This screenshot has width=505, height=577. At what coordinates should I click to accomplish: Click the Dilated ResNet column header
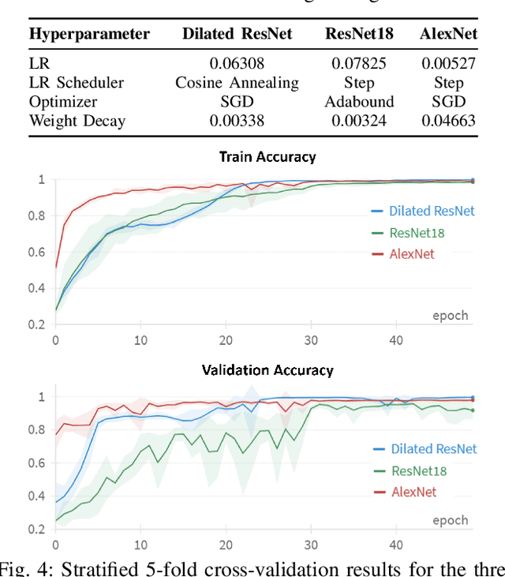click(238, 35)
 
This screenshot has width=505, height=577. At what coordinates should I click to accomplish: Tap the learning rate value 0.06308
click(238, 63)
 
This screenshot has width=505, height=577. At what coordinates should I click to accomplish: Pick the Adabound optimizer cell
click(359, 102)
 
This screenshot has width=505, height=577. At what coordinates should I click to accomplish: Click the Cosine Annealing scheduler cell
click(238, 83)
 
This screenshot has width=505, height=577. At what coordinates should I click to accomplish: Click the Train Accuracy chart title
click(267, 156)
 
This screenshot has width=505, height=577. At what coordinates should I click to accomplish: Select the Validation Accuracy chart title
click(267, 370)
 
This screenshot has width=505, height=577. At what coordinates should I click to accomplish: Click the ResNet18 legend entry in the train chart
click(417, 233)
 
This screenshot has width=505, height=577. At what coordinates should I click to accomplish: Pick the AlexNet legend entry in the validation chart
click(412, 492)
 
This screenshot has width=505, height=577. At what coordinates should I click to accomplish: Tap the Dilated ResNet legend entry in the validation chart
click(433, 448)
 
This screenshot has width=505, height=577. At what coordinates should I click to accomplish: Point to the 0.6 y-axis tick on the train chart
click(36, 252)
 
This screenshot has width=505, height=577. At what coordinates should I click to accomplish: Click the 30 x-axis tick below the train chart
click(312, 340)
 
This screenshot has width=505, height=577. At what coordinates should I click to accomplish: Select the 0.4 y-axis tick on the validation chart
click(36, 496)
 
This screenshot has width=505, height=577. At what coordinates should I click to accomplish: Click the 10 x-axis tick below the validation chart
click(140, 545)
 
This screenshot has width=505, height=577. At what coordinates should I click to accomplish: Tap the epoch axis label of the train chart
click(450, 315)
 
